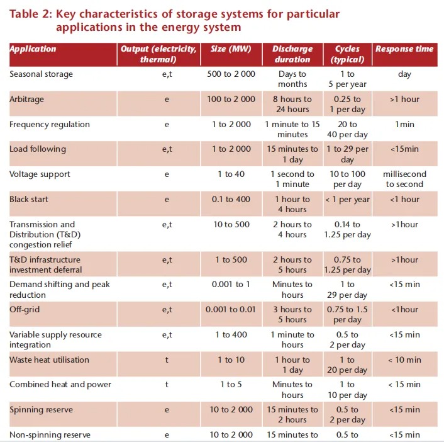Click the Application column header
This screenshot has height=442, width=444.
(x=33, y=48)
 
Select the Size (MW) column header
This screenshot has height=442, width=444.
(x=231, y=48)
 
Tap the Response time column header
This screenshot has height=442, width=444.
(x=404, y=48)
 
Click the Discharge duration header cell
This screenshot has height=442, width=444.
(x=292, y=54)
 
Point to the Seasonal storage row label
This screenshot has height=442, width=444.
(x=41, y=74)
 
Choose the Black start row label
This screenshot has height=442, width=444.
(x=28, y=200)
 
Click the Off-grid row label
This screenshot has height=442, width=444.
(x=25, y=309)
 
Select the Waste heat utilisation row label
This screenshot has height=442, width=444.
(x=49, y=360)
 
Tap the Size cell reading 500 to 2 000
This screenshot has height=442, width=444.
(x=231, y=74)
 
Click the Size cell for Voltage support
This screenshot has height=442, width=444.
(x=231, y=174)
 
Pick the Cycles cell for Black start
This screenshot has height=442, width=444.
(x=347, y=200)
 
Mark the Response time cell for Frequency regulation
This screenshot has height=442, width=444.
(x=404, y=124)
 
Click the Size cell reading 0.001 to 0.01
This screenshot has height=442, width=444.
(x=231, y=309)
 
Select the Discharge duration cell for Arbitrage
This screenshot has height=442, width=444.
(x=292, y=104)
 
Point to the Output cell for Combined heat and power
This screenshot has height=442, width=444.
(x=167, y=385)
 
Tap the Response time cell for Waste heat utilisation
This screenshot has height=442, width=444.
(x=404, y=360)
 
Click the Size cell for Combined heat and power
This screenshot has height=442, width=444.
(x=231, y=385)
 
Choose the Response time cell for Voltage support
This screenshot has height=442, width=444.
(x=404, y=179)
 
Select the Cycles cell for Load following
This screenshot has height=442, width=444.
(x=347, y=154)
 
